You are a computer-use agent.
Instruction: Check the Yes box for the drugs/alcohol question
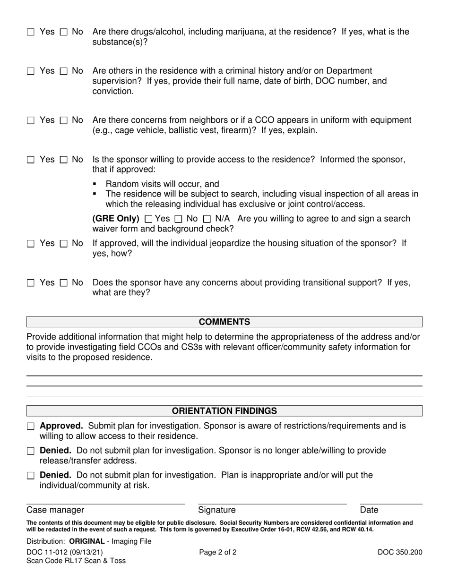tap(31, 32)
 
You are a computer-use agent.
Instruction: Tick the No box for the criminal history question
tap(64, 71)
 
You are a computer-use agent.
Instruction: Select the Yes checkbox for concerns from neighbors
tap(31, 120)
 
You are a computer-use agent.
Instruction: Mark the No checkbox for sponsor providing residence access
tap(64, 160)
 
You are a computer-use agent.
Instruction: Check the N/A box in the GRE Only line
tap(207, 219)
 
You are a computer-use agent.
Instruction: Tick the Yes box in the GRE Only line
tap(148, 219)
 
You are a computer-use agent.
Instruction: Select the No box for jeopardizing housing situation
tap(64, 244)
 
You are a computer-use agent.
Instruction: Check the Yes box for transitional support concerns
tap(31, 283)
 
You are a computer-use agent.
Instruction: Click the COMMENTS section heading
tap(224, 322)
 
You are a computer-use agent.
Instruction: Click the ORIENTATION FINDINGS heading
tap(224, 411)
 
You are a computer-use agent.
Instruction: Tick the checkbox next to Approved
tap(31, 426)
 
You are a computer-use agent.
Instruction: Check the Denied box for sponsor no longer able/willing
tap(31, 451)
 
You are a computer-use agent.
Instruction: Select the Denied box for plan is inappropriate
tap(31, 476)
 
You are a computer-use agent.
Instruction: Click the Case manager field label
tap(55, 510)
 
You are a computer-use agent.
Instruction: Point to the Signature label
tap(216, 510)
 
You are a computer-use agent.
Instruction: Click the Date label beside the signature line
tap(369, 510)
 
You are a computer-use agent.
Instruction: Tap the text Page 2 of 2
tap(218, 552)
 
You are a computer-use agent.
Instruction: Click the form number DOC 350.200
tap(399, 552)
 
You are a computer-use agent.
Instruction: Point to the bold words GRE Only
tap(116, 219)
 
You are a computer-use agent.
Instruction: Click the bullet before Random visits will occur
tap(95, 184)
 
